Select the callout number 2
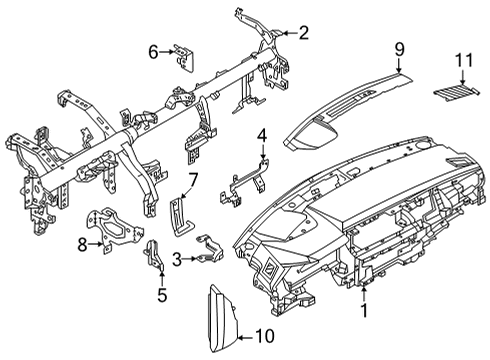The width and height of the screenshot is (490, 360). [304, 33]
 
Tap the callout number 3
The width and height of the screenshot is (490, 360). [176, 259]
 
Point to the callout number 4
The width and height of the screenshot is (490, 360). [261, 135]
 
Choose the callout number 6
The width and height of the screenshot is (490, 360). [154, 51]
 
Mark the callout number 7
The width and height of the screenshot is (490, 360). [194, 180]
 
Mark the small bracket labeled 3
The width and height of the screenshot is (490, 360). [212, 251]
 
